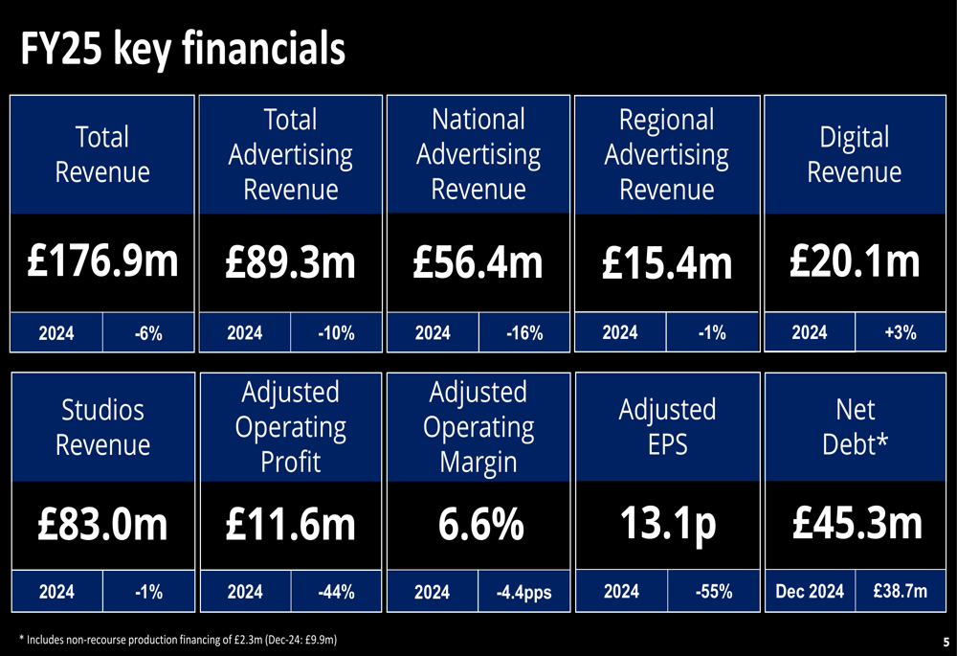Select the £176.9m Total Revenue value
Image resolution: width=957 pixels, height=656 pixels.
click(x=102, y=261)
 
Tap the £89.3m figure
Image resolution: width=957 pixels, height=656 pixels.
click(x=290, y=261)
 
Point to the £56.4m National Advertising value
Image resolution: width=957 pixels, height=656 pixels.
click(x=478, y=261)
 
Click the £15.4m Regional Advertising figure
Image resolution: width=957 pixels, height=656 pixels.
click(x=667, y=262)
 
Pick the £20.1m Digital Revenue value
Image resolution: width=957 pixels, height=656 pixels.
click(x=855, y=260)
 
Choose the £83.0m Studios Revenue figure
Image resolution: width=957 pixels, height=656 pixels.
click(x=102, y=525)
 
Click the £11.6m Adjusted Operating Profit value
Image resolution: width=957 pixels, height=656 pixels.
click(x=290, y=525)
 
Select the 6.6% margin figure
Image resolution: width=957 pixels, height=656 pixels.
click(x=478, y=525)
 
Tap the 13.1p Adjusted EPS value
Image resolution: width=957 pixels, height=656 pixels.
click(x=667, y=524)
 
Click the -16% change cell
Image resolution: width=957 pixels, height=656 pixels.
click(x=523, y=333)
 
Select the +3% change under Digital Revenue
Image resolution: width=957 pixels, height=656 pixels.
click(x=901, y=332)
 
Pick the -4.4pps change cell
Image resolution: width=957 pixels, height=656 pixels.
click(x=523, y=593)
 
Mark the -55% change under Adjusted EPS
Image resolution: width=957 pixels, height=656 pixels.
click(x=713, y=592)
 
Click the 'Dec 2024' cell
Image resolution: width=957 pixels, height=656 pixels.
click(x=810, y=592)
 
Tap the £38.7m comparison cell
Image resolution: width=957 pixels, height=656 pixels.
click(x=901, y=592)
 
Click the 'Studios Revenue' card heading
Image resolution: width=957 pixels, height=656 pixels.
click(x=102, y=427)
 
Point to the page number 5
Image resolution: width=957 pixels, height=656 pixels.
click(x=946, y=641)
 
